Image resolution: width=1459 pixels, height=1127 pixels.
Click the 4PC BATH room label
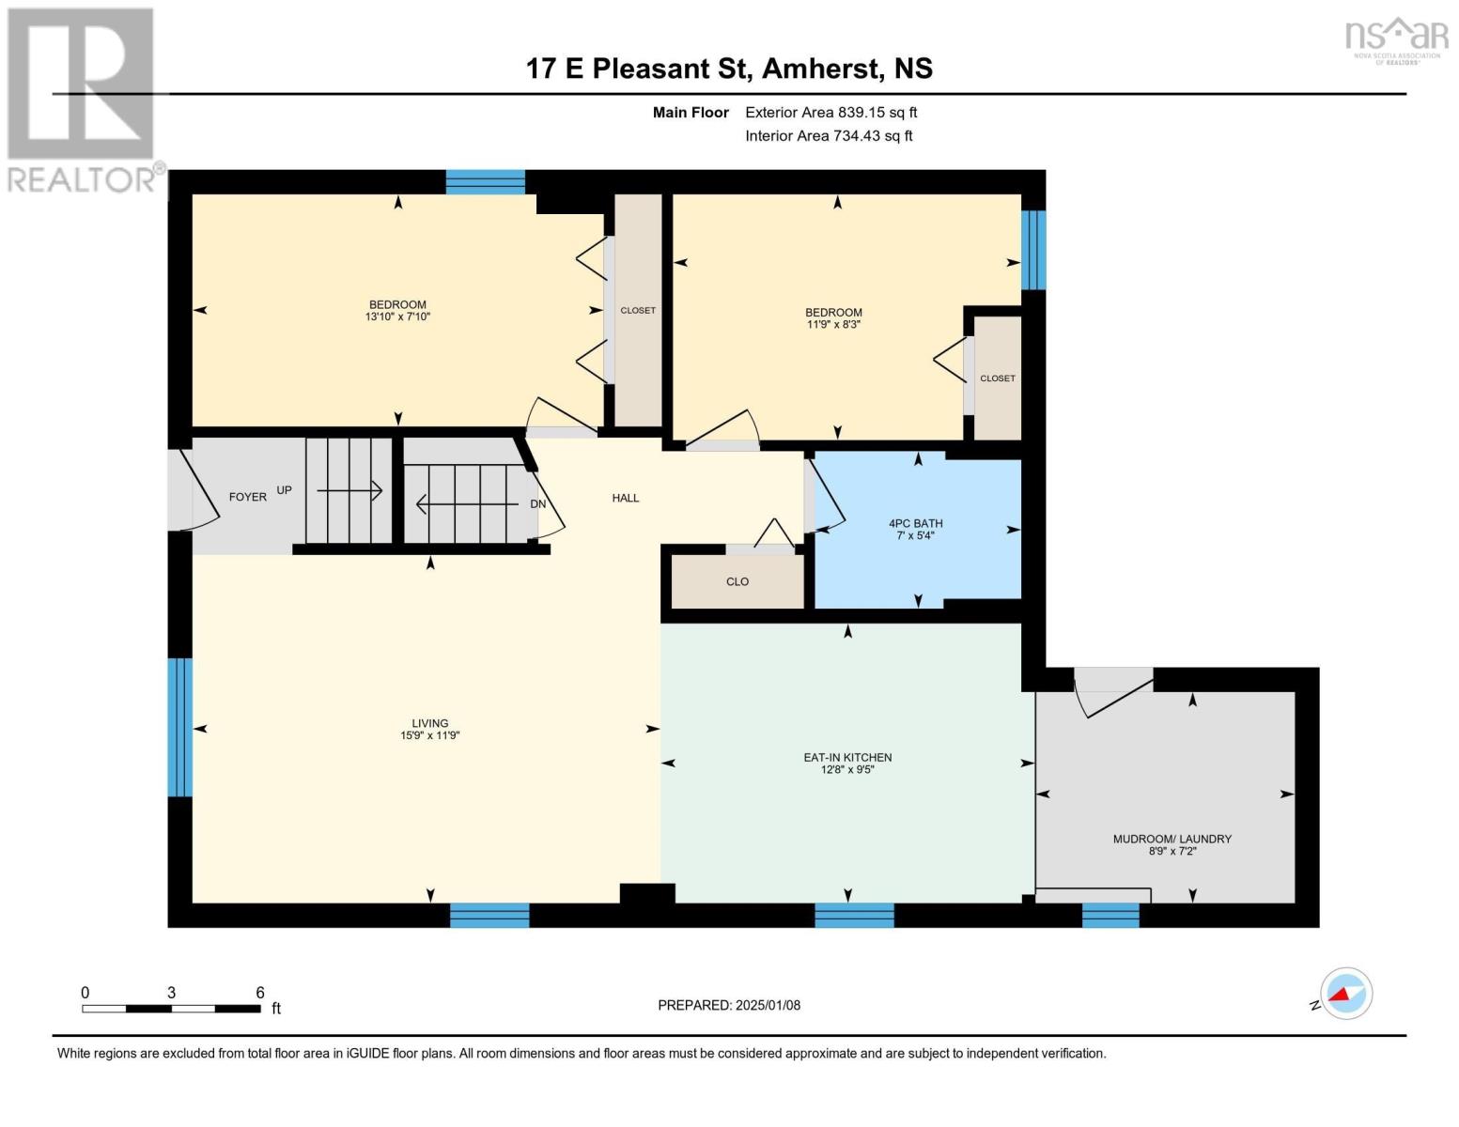(916, 523)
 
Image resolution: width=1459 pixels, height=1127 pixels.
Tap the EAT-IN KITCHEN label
(848, 758)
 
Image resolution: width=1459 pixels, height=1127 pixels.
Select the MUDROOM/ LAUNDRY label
(1172, 839)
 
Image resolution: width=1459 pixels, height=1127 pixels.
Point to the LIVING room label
(429, 723)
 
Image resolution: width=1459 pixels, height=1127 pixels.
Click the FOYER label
(248, 498)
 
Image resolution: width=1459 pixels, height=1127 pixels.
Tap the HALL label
(625, 498)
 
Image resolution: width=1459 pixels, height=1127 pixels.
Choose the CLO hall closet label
(737, 582)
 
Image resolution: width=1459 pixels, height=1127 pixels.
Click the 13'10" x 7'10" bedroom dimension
(397, 316)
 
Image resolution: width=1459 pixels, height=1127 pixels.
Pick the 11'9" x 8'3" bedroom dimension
(834, 324)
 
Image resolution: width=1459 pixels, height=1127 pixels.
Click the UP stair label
(284, 490)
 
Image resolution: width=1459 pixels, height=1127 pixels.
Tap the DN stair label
(537, 504)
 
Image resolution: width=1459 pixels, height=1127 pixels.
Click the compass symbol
(1345, 994)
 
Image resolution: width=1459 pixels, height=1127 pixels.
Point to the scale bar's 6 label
(260, 993)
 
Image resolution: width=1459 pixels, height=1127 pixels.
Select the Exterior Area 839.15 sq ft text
(831, 113)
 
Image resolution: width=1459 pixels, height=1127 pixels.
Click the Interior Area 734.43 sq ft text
(829, 135)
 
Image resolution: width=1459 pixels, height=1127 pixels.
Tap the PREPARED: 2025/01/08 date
(729, 1006)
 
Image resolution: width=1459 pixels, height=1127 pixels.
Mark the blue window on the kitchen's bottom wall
(854, 916)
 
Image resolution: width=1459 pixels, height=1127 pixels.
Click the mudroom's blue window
(1110, 916)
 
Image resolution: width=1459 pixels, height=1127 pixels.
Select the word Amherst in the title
(820, 69)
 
